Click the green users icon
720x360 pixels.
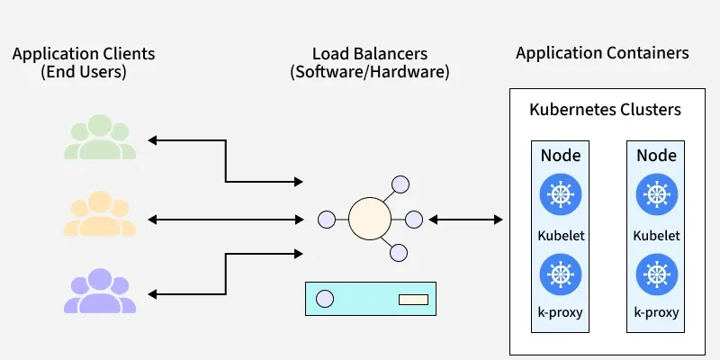point(99,139)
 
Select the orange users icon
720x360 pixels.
point(99,216)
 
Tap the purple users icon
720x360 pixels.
point(99,291)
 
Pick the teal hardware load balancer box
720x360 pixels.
point(371,298)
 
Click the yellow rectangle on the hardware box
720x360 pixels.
point(413,299)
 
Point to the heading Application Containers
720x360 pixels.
point(602,53)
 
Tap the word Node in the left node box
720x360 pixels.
point(560,156)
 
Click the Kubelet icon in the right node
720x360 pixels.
point(655,194)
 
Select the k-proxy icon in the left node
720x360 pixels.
point(560,273)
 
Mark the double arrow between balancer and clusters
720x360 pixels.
point(465,219)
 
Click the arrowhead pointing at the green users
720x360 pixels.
point(153,140)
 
